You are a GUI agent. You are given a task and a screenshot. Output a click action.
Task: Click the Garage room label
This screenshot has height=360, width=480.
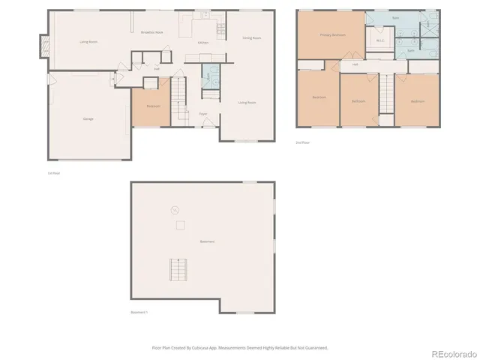(x=88, y=119)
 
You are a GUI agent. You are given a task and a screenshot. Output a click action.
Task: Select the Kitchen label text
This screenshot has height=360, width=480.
(x=202, y=43)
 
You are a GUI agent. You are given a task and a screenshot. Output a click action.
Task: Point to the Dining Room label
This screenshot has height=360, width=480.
(x=252, y=37)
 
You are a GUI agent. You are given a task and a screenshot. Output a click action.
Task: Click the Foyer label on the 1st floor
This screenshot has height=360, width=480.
(x=202, y=114)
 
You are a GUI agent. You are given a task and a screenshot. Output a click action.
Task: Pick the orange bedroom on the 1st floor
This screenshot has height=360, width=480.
(x=153, y=106)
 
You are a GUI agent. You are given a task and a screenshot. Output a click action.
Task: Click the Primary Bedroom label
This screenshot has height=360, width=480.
(x=332, y=35)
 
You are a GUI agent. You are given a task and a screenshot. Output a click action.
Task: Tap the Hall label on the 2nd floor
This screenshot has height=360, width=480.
(x=355, y=64)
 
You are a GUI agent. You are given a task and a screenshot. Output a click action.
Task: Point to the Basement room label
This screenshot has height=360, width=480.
(x=207, y=241)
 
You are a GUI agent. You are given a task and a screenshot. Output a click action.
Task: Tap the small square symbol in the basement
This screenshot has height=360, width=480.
(x=179, y=226)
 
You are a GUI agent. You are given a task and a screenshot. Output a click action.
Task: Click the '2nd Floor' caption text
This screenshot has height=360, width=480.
(x=303, y=142)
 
